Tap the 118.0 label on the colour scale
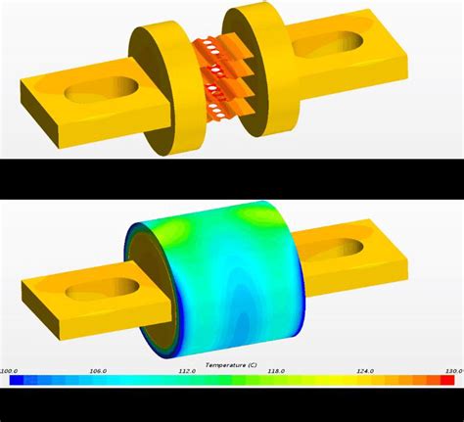pyautogui.click(x=277, y=370)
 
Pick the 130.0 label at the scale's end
pyautogui.click(x=452, y=370)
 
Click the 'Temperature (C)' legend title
pyautogui.click(x=231, y=362)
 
